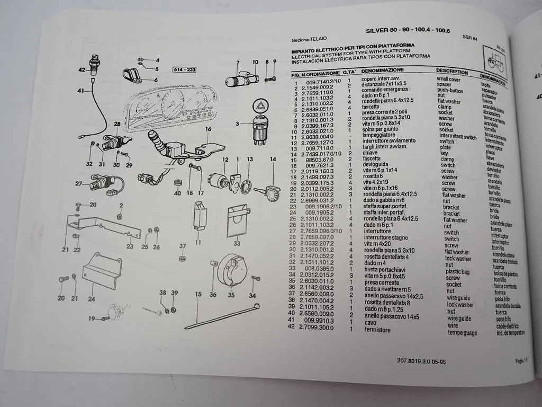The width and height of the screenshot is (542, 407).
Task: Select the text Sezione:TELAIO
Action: pos(309,39)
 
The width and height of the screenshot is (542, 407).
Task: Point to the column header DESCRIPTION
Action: pos(452,71)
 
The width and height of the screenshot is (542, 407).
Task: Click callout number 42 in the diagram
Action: pos(82,69)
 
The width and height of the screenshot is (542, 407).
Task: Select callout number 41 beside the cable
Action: pos(80,91)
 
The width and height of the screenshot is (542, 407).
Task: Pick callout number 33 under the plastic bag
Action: pos(237,243)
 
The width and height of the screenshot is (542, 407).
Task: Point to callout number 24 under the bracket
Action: pos(92,298)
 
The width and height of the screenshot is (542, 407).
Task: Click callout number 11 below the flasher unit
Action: pos(198,242)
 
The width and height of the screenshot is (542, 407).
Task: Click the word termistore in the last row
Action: pos(377,330)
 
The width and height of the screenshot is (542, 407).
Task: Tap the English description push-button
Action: pos(450,90)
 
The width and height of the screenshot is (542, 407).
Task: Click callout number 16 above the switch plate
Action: pos(208,129)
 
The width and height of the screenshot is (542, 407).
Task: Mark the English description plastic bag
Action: pos(458,271)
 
